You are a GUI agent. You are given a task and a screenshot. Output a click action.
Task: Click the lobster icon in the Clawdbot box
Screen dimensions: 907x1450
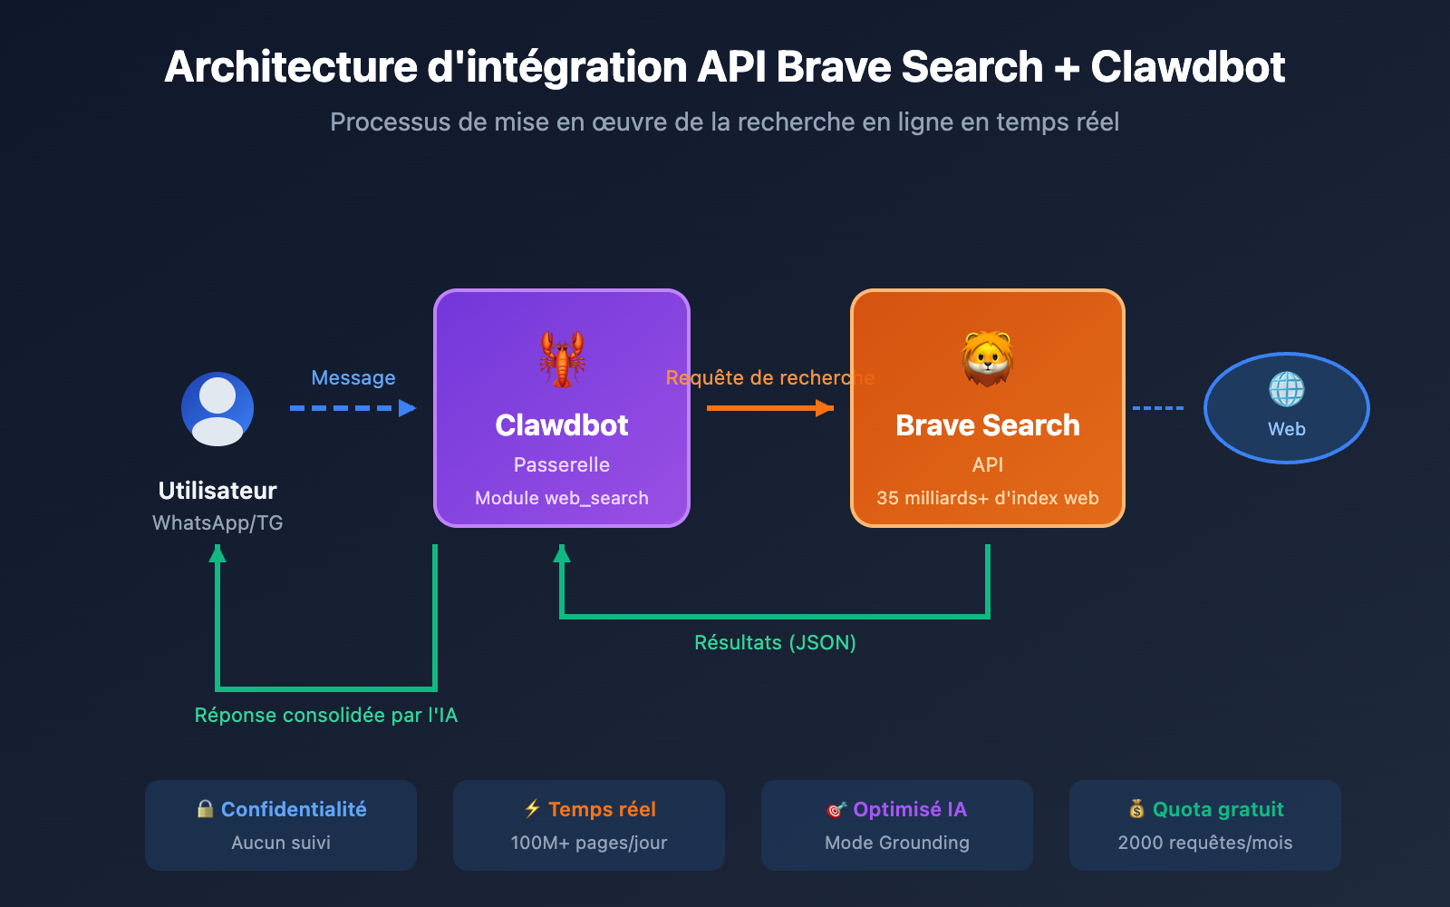pyautogui.click(x=562, y=358)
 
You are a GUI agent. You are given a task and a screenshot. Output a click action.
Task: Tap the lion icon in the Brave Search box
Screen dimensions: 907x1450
pyautogui.click(x=988, y=358)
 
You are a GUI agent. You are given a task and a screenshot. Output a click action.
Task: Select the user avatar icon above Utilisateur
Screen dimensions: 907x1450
pyautogui.click(x=217, y=409)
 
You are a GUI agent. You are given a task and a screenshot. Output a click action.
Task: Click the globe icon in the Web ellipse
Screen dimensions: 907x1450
pyautogui.click(x=1287, y=390)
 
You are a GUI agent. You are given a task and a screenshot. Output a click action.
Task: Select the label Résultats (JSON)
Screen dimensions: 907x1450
pyautogui.click(x=775, y=643)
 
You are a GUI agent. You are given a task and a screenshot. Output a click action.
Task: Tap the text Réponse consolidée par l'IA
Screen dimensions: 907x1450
pyautogui.click(x=326, y=716)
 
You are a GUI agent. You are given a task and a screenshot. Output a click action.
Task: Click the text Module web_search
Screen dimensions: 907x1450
pyautogui.click(x=562, y=498)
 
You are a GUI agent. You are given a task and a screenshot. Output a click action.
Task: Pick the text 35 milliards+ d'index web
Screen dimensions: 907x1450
pyautogui.click(x=988, y=498)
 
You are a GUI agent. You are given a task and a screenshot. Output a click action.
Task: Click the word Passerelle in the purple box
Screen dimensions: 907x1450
pyautogui.click(x=562, y=465)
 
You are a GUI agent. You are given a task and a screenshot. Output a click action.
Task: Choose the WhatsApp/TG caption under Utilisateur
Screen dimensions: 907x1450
pyautogui.click(x=217, y=523)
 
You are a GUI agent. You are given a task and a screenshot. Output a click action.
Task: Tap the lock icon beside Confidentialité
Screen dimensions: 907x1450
pyautogui.click(x=206, y=809)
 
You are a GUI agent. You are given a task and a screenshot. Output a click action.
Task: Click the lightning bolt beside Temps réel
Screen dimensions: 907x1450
pyautogui.click(x=533, y=808)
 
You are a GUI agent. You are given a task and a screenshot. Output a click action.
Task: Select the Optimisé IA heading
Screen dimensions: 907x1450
pyautogui.click(x=910, y=809)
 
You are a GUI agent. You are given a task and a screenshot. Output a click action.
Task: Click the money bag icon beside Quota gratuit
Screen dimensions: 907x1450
pyautogui.click(x=1136, y=809)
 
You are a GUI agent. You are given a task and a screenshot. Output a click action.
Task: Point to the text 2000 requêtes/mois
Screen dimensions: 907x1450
pyautogui.click(x=1205, y=843)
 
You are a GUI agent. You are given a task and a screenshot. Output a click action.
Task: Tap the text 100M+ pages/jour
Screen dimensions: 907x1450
pyautogui.click(x=589, y=843)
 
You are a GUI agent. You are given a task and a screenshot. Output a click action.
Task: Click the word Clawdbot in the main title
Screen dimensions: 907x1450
pyautogui.click(x=1187, y=67)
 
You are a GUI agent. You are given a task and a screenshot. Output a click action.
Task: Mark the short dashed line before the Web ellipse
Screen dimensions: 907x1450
pyautogui.click(x=1158, y=408)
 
